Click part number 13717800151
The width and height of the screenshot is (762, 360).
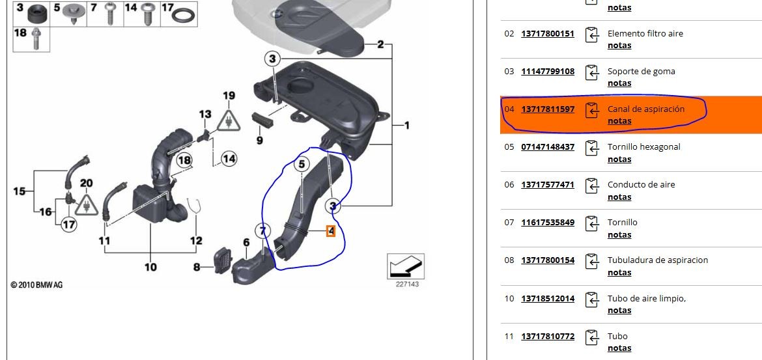548,33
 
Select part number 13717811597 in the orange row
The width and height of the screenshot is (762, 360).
548,109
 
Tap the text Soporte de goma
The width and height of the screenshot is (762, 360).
641,72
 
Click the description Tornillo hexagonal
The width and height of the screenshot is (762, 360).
643,147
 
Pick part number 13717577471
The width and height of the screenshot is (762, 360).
548,185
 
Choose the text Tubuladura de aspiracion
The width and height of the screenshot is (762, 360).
657,260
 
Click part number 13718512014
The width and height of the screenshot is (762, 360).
548,298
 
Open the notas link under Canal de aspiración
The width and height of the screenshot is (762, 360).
619,121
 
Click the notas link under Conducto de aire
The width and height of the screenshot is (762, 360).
619,197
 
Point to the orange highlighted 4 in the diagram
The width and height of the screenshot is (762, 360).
331,230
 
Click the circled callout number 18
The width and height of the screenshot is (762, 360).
184,160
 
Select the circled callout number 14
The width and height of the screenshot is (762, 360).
229,158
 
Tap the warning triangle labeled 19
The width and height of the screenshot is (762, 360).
229,120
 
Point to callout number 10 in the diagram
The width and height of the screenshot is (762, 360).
150,267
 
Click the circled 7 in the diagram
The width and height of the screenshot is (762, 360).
262,230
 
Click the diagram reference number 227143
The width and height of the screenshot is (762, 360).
407,284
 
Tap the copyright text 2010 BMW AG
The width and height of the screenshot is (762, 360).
37,285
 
